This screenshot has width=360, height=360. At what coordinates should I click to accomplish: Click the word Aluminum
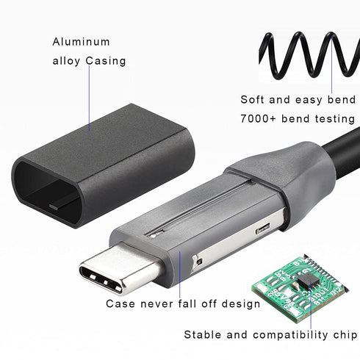pos(81,42)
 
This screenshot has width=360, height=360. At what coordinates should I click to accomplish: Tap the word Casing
pos(106,61)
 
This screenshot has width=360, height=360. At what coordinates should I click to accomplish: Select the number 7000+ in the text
pos(258,118)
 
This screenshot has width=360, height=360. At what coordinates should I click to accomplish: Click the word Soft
pos(252,100)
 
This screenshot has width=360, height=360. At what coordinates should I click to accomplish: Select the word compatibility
pos(290,335)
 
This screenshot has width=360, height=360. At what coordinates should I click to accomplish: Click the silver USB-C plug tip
pos(118,267)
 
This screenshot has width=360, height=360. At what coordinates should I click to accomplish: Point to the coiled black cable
pos(309,56)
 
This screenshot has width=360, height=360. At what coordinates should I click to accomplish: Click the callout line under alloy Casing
pos(89,98)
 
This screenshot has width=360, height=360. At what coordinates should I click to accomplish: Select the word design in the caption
pos(241,304)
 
